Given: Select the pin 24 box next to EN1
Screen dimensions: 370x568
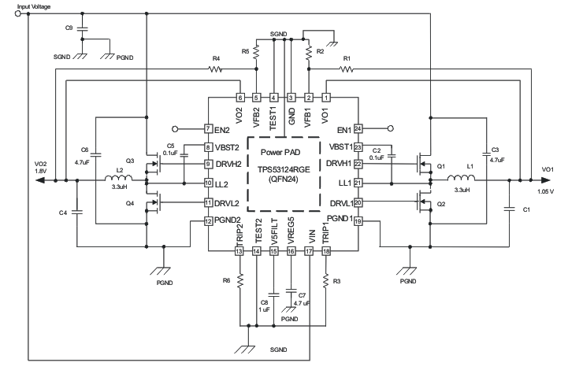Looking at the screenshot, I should (357, 128).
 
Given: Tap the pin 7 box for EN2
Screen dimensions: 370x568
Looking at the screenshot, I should (209, 128).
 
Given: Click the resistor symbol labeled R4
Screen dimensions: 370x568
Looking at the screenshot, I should (216, 69).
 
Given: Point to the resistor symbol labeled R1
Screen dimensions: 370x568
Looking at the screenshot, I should (347, 69).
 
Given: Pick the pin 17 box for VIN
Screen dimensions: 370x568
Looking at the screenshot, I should (309, 251).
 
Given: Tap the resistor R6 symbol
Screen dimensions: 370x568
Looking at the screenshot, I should (239, 280).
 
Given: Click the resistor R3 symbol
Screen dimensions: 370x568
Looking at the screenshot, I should (325, 280).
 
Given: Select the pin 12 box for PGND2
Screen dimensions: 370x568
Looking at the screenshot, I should (209, 223).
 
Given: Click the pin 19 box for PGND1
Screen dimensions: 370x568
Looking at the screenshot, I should (357, 223).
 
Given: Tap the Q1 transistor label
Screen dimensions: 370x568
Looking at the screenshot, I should (441, 167).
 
